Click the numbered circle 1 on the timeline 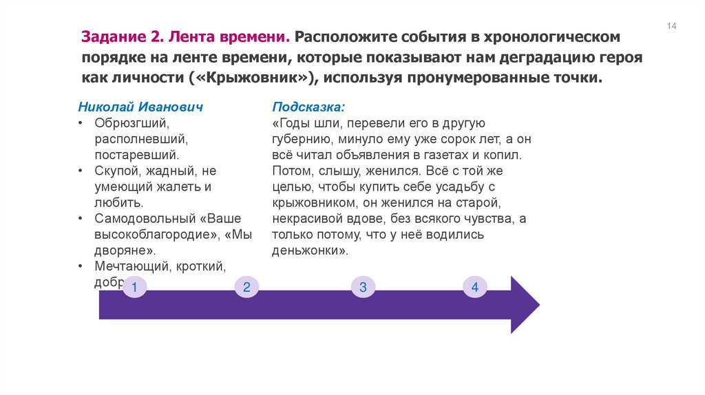[x=134, y=287]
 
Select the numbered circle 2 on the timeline [x=246, y=287]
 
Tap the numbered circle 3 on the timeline [x=363, y=287]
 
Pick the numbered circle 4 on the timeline [x=474, y=287]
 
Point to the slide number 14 [x=671, y=26]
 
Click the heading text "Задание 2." [x=120, y=36]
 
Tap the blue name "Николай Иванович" [x=140, y=107]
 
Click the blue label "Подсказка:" [x=308, y=107]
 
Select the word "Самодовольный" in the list [x=143, y=219]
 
